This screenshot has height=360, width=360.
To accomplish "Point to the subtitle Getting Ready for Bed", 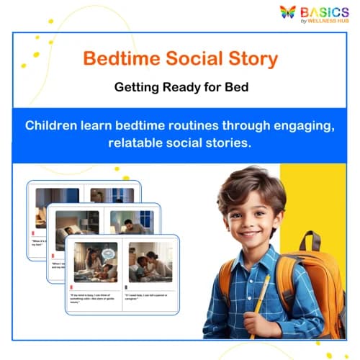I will (x=179, y=88).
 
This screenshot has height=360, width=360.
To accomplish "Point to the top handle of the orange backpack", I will (x=309, y=241).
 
